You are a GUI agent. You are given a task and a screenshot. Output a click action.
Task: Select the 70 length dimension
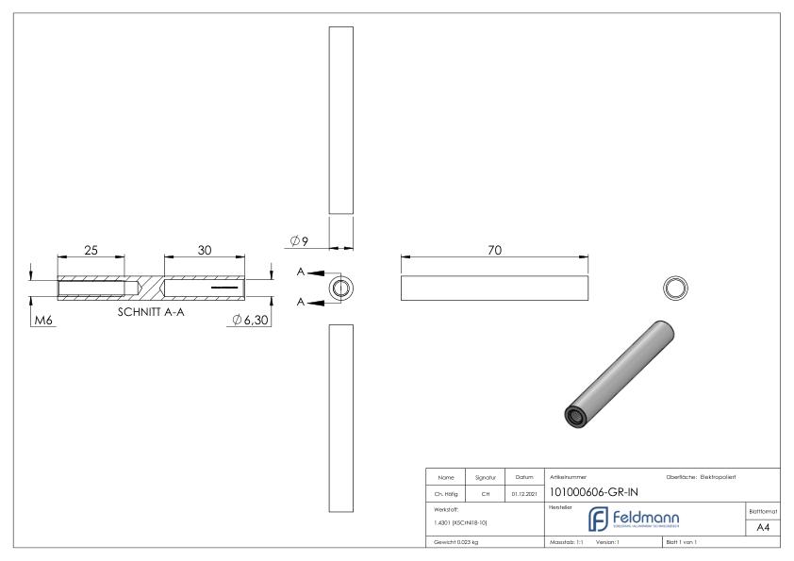point(494,250)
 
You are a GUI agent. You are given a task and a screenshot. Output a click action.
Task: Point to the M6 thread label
point(44,320)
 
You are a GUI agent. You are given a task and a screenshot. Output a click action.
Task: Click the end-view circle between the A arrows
point(340,287)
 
